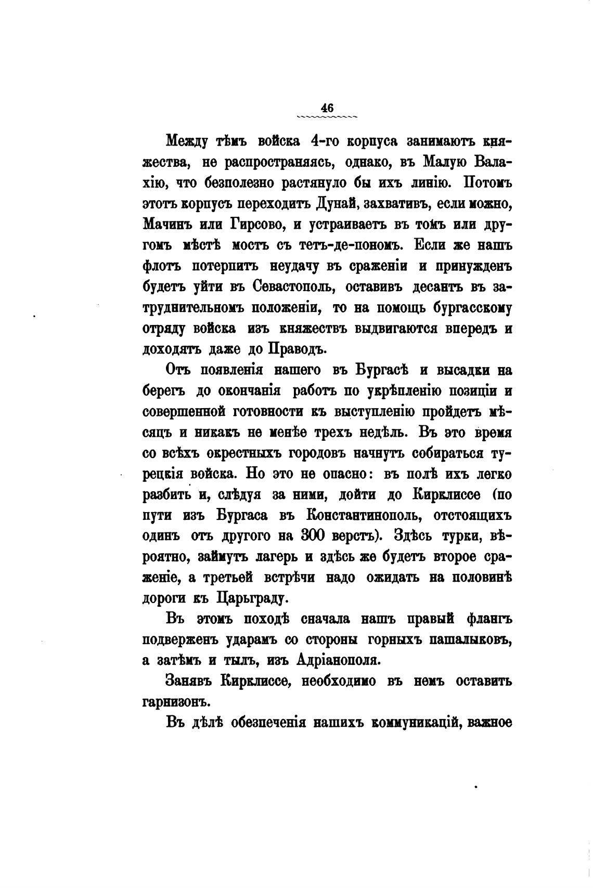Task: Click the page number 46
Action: (x=327, y=108)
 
